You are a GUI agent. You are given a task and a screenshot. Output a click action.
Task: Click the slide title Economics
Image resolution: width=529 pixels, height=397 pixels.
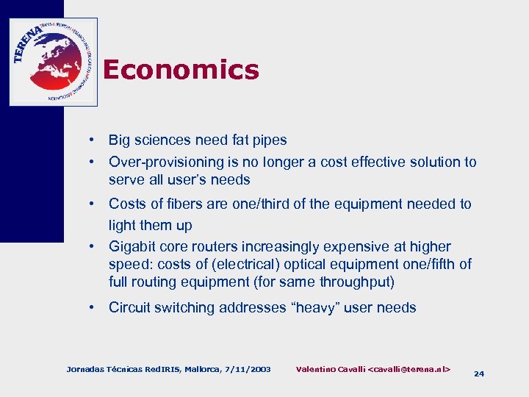pyautogui.click(x=181, y=70)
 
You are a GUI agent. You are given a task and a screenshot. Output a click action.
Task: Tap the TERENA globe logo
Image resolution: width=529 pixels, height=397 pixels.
pyautogui.click(x=53, y=62)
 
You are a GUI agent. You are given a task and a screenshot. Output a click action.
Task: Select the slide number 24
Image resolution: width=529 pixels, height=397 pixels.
pyautogui.click(x=479, y=373)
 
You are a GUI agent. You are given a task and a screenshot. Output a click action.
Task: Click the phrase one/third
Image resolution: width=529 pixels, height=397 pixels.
pyautogui.click(x=259, y=204)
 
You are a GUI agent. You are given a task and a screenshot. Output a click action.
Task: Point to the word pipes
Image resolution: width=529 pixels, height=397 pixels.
pyautogui.click(x=267, y=140)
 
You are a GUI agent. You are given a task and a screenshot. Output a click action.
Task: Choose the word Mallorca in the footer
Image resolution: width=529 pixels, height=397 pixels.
pyautogui.click(x=200, y=368)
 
